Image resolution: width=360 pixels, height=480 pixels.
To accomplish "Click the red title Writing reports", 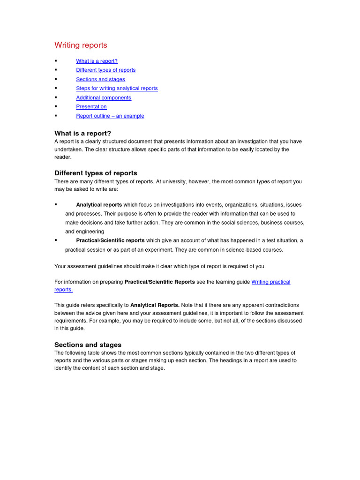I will [81, 45].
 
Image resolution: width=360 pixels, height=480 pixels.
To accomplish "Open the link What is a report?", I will [97, 61].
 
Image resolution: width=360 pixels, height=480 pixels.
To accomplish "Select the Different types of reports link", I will [105, 70].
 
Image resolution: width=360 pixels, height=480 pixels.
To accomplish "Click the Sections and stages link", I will [100, 79].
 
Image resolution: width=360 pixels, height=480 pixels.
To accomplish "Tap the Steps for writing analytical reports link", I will [117, 88].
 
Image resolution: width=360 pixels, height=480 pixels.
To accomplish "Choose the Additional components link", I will [104, 97].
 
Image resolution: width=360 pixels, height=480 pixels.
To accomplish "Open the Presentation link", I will [91, 106].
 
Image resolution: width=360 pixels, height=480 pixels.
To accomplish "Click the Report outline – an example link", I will [110, 116].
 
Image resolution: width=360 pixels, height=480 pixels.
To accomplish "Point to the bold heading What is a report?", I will [82, 133].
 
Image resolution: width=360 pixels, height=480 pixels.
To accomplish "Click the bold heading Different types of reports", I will [96, 173].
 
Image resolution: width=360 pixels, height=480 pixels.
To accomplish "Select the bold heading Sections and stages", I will [88, 345].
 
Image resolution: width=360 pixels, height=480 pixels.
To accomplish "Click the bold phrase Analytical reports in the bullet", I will [99, 205].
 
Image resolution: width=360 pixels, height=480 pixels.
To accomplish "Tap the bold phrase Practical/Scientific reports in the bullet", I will [110, 240].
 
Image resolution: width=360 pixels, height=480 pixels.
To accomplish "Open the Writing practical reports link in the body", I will [270, 282].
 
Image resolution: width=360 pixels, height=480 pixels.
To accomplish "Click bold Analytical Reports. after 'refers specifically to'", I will [155, 305].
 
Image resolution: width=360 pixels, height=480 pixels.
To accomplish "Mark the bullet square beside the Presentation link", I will [56, 106].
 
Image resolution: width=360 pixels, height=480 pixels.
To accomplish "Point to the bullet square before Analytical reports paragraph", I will [56, 205].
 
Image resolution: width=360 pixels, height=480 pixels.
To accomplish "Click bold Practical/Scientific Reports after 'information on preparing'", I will [159, 282].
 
